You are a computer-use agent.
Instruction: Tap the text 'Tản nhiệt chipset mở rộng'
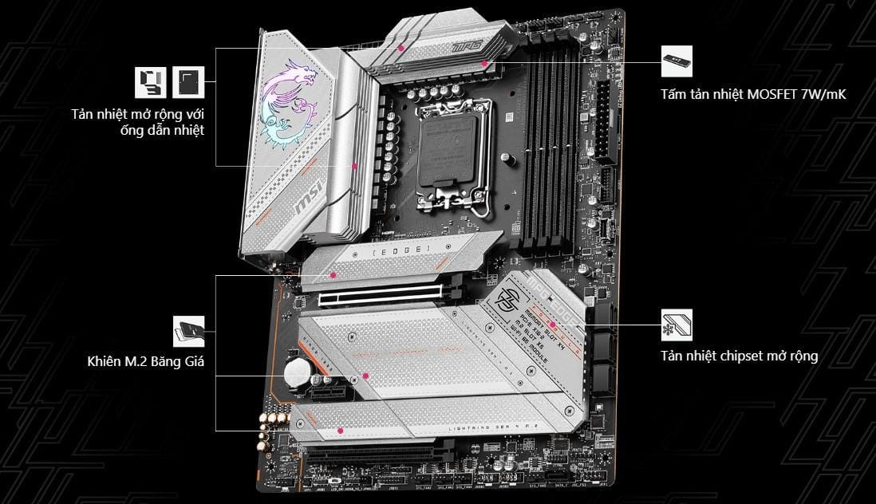pyautogui.click(x=739, y=356)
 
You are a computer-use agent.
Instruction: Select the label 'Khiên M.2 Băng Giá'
pyautogui.click(x=146, y=362)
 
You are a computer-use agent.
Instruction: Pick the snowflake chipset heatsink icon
pyautogui.click(x=677, y=325)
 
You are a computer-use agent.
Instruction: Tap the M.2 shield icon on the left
pyautogui.click(x=189, y=331)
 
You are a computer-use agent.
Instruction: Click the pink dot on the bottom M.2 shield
pyautogui.click(x=341, y=431)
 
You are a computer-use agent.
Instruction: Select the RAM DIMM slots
pyautogui.click(x=552, y=148)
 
